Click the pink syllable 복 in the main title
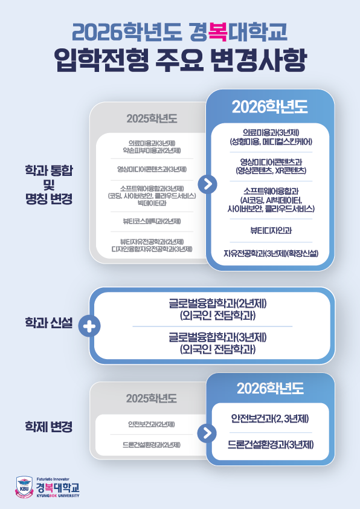click(218, 32)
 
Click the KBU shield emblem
click(24, 487)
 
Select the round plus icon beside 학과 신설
click(89, 326)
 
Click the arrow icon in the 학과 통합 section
click(207, 184)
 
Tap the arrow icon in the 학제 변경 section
click(207, 433)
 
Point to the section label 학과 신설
click(49, 323)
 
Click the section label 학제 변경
click(49, 427)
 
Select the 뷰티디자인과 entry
click(271, 230)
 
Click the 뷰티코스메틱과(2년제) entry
click(152, 221)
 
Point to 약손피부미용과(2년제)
click(152, 151)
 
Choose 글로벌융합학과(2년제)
click(217, 304)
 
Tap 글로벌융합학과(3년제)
click(217, 337)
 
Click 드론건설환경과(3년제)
click(271, 444)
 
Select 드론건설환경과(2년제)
click(152, 445)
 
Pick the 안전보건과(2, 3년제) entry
click(270, 418)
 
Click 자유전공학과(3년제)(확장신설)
click(271, 253)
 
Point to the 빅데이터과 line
click(152, 203)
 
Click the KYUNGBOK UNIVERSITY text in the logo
click(58, 496)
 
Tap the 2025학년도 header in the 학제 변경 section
click(152, 398)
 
